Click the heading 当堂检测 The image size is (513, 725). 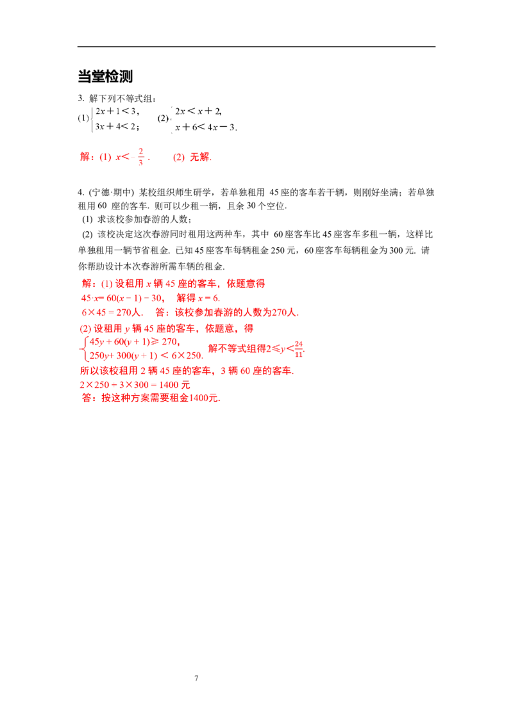point(105,76)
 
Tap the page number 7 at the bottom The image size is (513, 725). point(196,678)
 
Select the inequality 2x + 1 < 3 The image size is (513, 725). point(117,111)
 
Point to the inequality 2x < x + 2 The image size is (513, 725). point(198,111)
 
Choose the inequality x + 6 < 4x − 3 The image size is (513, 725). point(206,127)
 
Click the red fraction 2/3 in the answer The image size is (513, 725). point(140,157)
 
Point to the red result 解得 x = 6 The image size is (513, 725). point(198,298)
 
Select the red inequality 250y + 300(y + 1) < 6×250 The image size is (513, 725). point(146,355)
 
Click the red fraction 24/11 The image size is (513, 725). point(299,350)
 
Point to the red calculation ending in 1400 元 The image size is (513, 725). point(135,385)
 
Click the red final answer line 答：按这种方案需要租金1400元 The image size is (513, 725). point(151,398)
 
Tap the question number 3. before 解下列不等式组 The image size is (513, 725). point(81,99)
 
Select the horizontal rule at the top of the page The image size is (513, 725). point(256,47)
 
